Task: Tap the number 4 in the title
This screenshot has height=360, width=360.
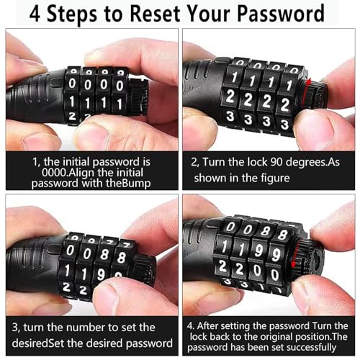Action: [x=35, y=14]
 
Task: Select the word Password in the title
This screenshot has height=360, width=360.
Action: [x=281, y=14]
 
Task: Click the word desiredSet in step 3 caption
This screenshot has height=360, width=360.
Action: [x=37, y=343]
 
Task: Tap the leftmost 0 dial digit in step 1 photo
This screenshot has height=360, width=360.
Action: [x=72, y=84]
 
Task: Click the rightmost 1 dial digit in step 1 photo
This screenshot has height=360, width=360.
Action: [x=119, y=104]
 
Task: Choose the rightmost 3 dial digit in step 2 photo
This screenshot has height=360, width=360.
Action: [x=285, y=125]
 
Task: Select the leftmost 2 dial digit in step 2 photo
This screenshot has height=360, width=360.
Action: [x=230, y=96]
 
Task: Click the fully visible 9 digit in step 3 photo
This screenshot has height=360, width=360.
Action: [x=101, y=274]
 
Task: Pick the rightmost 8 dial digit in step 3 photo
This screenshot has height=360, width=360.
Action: [x=122, y=257]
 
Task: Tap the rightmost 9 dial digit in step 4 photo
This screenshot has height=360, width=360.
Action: [x=276, y=255]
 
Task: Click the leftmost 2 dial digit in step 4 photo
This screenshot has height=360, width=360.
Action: [x=222, y=266]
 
